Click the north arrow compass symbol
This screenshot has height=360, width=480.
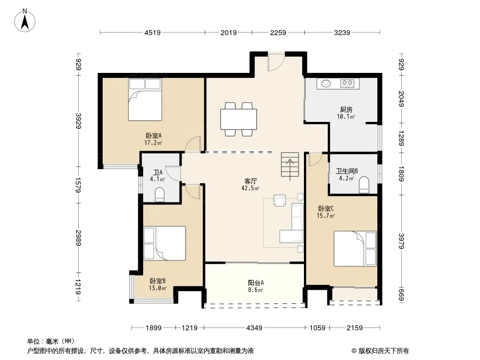tap(25, 21)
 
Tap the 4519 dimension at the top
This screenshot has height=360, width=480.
tap(153, 32)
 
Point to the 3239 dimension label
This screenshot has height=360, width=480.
tap(342, 32)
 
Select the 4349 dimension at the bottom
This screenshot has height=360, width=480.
tap(254, 328)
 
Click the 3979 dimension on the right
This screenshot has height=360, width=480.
tap(401, 241)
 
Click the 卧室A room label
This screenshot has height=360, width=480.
tap(154, 135)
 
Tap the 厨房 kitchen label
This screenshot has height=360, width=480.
tap(346, 109)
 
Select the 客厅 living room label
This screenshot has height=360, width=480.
tap(250, 181)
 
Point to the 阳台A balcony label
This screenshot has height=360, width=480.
tap(256, 283)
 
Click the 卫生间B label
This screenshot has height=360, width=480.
tap(347, 171)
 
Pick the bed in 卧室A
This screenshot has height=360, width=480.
tap(145, 100)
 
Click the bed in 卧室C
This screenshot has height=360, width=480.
tap(355, 249)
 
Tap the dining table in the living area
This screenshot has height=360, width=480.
tap(239, 119)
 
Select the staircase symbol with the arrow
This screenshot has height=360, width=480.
tap(290, 166)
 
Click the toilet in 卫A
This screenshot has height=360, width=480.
tap(160, 194)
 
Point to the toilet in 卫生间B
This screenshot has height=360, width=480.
tap(364, 185)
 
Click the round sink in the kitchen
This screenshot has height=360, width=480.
tap(326, 83)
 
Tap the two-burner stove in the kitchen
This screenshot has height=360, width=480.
tap(348, 83)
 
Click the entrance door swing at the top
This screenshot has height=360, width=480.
tap(276, 62)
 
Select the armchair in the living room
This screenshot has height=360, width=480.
tap(280, 200)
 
